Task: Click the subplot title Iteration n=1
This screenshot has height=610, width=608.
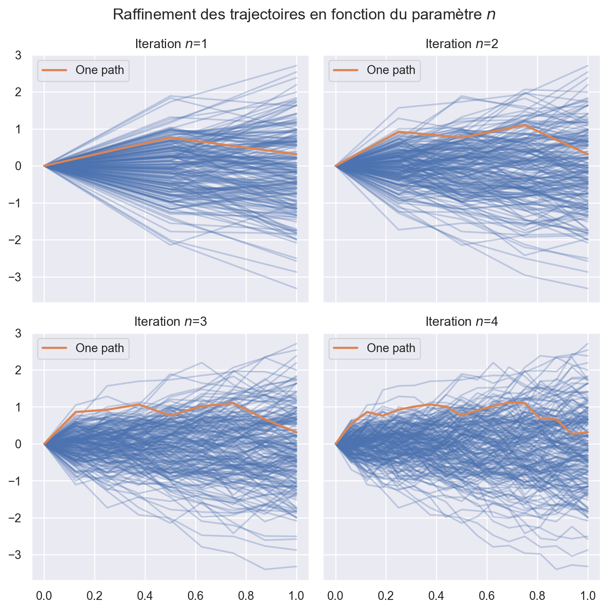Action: [171, 44]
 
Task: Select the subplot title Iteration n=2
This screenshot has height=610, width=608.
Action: [462, 44]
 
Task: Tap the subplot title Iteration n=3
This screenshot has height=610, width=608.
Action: [171, 321]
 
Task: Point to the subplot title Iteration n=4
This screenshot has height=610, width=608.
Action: [462, 321]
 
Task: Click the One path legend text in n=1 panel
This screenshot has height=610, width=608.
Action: [100, 70]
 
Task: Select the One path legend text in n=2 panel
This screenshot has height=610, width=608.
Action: [391, 70]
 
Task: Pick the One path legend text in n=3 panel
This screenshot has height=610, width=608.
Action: [100, 348]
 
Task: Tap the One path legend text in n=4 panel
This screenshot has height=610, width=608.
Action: [391, 348]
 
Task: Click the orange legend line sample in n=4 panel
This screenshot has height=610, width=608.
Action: [345, 348]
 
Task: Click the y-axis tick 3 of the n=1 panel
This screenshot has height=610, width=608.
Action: [18, 55]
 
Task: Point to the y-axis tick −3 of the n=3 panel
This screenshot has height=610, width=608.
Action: [15, 555]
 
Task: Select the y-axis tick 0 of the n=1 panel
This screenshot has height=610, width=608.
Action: [18, 166]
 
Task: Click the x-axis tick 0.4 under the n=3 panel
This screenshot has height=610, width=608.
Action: [145, 595]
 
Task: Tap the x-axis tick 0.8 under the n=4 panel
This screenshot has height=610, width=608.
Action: [537, 595]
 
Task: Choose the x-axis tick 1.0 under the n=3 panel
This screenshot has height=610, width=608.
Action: [297, 595]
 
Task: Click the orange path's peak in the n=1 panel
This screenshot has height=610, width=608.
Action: [170, 137]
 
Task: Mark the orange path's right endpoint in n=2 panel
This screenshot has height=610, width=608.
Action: [588, 154]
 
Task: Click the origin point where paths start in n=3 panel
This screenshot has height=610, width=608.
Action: [44, 444]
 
